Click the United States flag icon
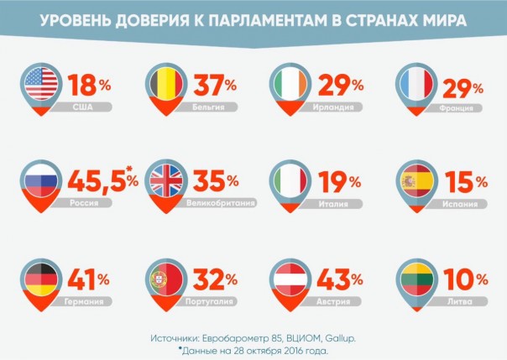coord(39,85)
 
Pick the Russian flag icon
coord(39,180)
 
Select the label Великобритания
coord(222,203)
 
